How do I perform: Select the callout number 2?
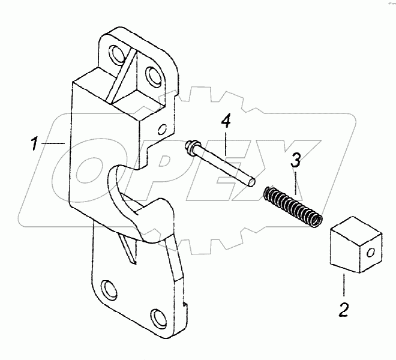[x=343, y=310]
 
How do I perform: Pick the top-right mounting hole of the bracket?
[x=152, y=76]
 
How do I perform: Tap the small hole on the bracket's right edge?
[x=161, y=128]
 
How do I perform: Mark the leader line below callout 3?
[x=295, y=184]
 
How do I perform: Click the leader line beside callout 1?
[x=55, y=143]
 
